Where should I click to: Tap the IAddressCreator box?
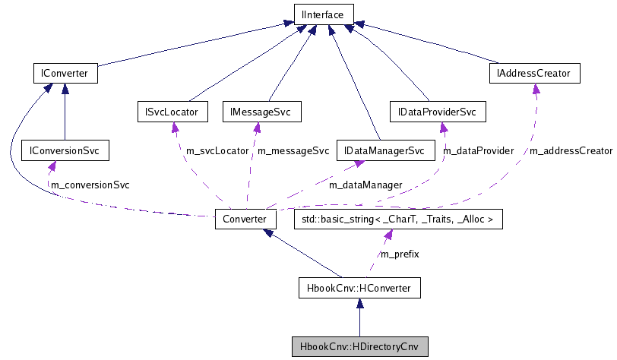[536, 74]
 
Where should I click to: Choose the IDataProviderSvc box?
[437, 112]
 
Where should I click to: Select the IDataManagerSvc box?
[383, 150]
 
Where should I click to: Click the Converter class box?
[245, 219]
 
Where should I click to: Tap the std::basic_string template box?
[397, 219]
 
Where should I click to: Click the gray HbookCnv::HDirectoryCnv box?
[359, 346]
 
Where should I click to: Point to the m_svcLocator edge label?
[217, 150]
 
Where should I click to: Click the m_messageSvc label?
[293, 150]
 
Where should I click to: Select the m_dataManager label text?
[365, 185]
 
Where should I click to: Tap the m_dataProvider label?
[479, 150]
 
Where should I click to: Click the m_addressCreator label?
[570, 150]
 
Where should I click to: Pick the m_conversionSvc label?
[90, 185]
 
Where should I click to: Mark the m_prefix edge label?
[400, 254]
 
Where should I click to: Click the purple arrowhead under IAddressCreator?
[536, 89]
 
